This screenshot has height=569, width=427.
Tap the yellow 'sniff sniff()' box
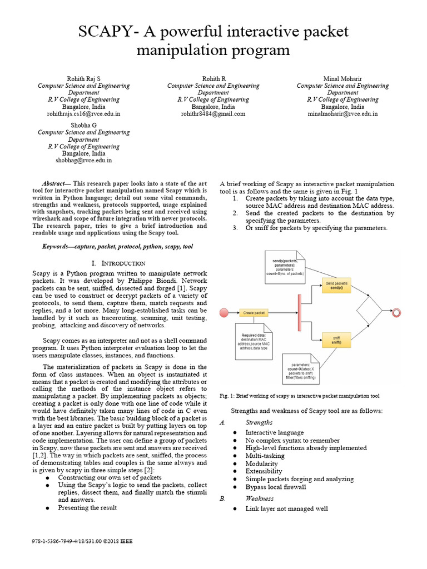[336, 340]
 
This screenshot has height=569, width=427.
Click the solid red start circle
[225, 313]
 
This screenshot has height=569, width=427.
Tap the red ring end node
[396, 313]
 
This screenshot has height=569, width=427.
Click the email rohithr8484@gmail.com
[213, 114]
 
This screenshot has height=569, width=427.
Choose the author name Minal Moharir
[342, 79]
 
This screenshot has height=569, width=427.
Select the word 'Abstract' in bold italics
[55, 183]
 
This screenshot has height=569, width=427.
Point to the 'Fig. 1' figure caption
[300, 396]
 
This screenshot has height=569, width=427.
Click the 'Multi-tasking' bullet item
[265, 456]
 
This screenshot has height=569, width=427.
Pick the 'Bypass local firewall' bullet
[276, 487]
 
